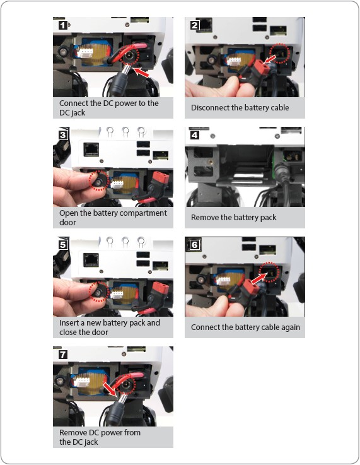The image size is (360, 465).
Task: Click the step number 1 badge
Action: click(x=63, y=25)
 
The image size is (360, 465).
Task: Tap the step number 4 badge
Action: click(x=194, y=135)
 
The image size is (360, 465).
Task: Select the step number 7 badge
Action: click(x=63, y=354)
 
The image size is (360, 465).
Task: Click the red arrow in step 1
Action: click(x=141, y=72)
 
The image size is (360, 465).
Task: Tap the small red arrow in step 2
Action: click(x=269, y=60)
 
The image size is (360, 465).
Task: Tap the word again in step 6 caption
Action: click(x=291, y=327)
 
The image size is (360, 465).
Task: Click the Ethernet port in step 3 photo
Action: click(x=91, y=149)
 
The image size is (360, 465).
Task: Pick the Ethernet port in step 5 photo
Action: click(x=91, y=260)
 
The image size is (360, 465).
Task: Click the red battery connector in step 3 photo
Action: click(x=161, y=179)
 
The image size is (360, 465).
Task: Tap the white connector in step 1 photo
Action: click(x=85, y=53)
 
